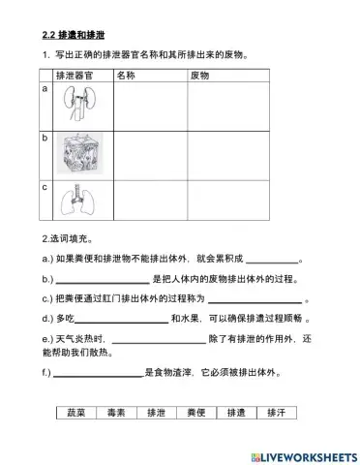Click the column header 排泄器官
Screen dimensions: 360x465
(75, 74)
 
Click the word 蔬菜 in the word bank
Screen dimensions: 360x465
(76, 412)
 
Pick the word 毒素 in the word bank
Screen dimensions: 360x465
(116, 412)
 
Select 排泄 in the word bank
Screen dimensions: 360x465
(156, 412)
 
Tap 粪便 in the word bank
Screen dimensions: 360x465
(195, 412)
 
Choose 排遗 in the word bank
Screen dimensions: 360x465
(235, 412)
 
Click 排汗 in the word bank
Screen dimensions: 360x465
(275, 412)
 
